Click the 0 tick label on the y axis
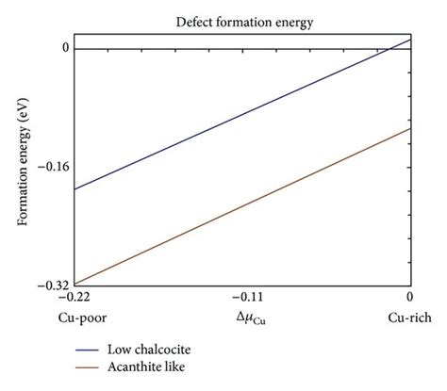coord(65,48)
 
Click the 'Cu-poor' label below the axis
coord(74,318)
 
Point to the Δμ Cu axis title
coord(241,319)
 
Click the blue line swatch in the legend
coord(92,349)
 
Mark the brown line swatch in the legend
coord(92,367)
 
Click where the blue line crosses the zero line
coord(389,48)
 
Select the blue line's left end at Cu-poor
coord(74,189)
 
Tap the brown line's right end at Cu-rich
coord(409,129)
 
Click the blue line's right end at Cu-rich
coord(409,40)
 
